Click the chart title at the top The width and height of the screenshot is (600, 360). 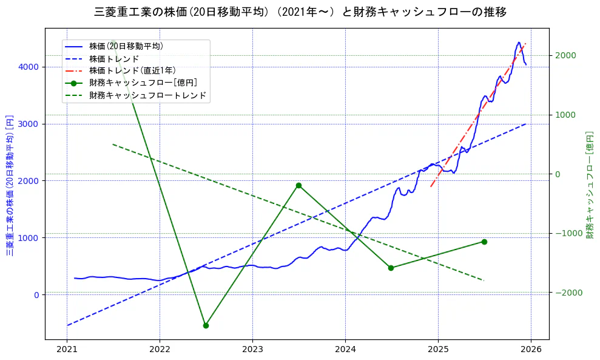point(300,12)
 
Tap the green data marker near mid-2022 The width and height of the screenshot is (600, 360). point(206,325)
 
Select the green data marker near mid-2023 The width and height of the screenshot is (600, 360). point(298,186)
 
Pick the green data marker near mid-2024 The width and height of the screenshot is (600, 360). point(391,268)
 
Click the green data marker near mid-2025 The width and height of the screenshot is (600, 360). point(484,242)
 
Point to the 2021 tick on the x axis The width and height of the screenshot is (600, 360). point(67,350)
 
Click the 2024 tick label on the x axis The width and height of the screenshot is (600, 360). point(345,350)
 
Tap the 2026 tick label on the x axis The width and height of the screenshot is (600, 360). point(531,350)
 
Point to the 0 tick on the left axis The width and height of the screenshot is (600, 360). point(36,295)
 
